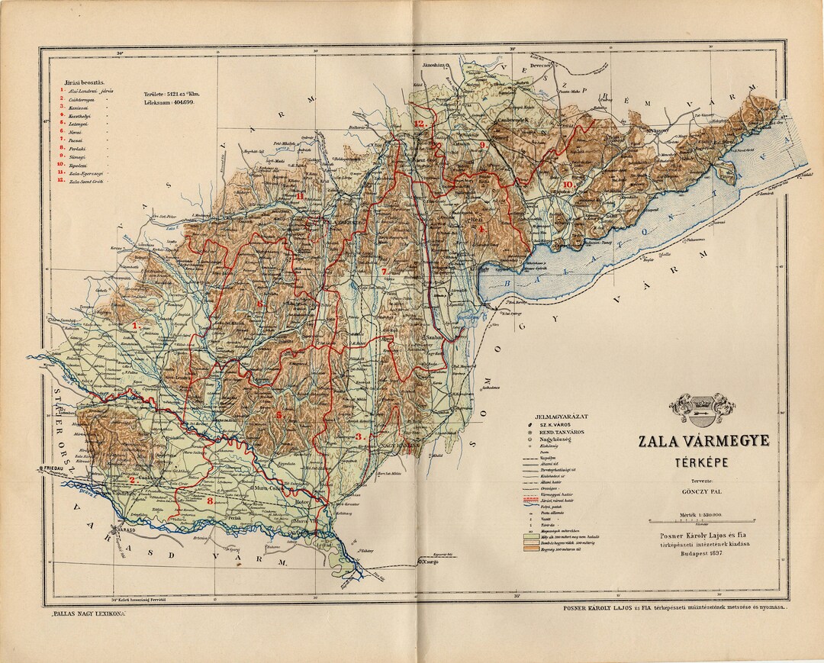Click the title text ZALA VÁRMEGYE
(x=703, y=442)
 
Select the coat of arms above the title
(x=702, y=408)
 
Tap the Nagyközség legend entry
(x=555, y=440)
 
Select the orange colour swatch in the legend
(x=529, y=551)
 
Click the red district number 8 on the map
(x=210, y=501)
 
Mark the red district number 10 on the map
(x=567, y=185)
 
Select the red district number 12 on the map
(x=419, y=123)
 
